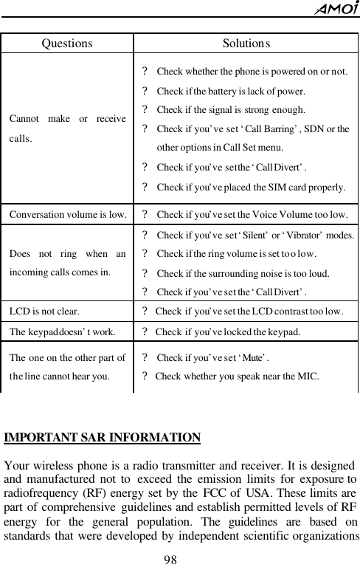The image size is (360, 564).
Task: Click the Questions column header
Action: click(x=67, y=43)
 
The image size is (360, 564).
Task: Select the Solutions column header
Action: click(x=246, y=43)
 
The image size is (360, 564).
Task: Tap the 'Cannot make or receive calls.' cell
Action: click(x=67, y=127)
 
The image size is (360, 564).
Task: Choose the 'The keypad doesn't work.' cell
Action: click(x=61, y=331)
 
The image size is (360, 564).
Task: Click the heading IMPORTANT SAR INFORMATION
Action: click(x=103, y=437)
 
